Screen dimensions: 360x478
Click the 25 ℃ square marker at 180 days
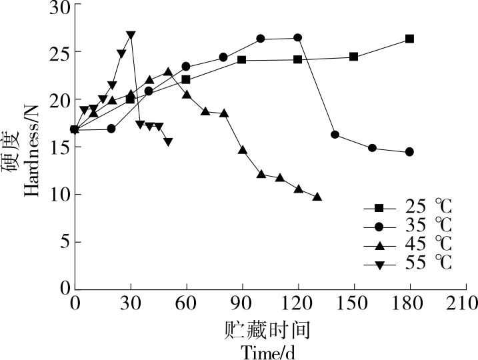click(x=409, y=39)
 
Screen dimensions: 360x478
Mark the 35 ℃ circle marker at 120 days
click(x=297, y=38)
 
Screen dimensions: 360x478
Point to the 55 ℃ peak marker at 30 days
click(x=131, y=35)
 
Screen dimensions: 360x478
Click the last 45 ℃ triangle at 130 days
click(x=317, y=197)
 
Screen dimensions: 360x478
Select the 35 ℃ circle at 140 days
click(x=335, y=135)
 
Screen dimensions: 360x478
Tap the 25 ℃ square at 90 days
click(x=241, y=60)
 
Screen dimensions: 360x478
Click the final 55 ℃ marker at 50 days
click(x=168, y=142)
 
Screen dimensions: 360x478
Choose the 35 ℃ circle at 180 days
click(x=409, y=152)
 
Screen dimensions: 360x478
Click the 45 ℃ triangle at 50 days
click(x=168, y=71)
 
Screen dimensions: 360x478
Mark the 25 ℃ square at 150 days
click(x=353, y=57)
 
